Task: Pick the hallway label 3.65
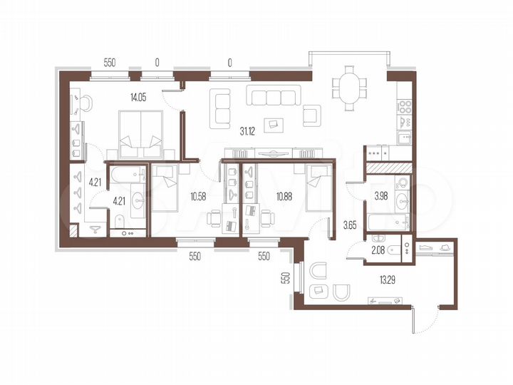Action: [x=349, y=226]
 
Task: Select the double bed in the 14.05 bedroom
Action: [x=140, y=135]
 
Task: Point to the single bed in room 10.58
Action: [x=165, y=187]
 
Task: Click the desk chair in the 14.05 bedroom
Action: [x=83, y=103]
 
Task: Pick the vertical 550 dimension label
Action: [x=284, y=279]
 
